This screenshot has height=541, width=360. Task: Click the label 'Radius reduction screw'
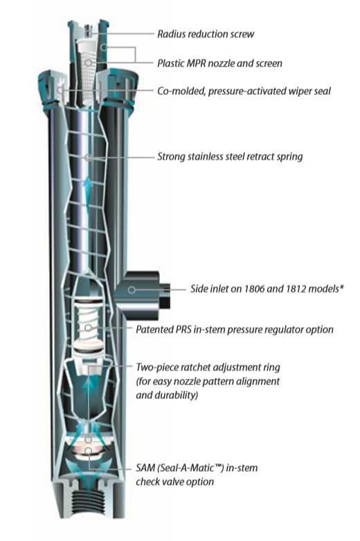coord(206,34)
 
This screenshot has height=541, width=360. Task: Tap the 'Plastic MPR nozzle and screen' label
coord(219,63)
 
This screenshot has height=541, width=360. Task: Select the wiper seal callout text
coord(244,91)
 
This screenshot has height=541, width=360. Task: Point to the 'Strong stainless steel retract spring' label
coord(230,157)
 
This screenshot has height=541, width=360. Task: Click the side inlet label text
coord(267,288)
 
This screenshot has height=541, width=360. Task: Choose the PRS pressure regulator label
coord(235,329)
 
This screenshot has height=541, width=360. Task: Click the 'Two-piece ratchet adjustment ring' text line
coord(208,367)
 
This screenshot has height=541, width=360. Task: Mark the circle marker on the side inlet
coord(132,290)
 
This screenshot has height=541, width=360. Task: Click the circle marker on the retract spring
coord(87,157)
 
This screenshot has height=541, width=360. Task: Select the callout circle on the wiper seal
coord(61,91)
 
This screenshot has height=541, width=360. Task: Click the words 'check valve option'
coord(175,481)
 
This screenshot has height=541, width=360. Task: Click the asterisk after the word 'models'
coord(342,286)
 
